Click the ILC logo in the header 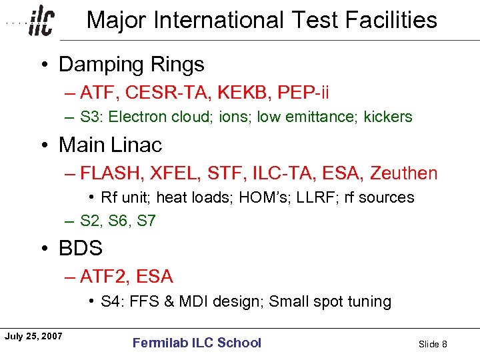tap(41, 22)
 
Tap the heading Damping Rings tap(131, 65)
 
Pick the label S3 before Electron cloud tap(90, 117)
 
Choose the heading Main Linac tap(110, 145)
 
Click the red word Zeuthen tap(405, 174)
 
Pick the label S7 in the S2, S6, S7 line tap(146, 221)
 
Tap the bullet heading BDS tap(81, 249)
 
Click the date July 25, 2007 tap(33, 336)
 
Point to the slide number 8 tap(444, 344)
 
